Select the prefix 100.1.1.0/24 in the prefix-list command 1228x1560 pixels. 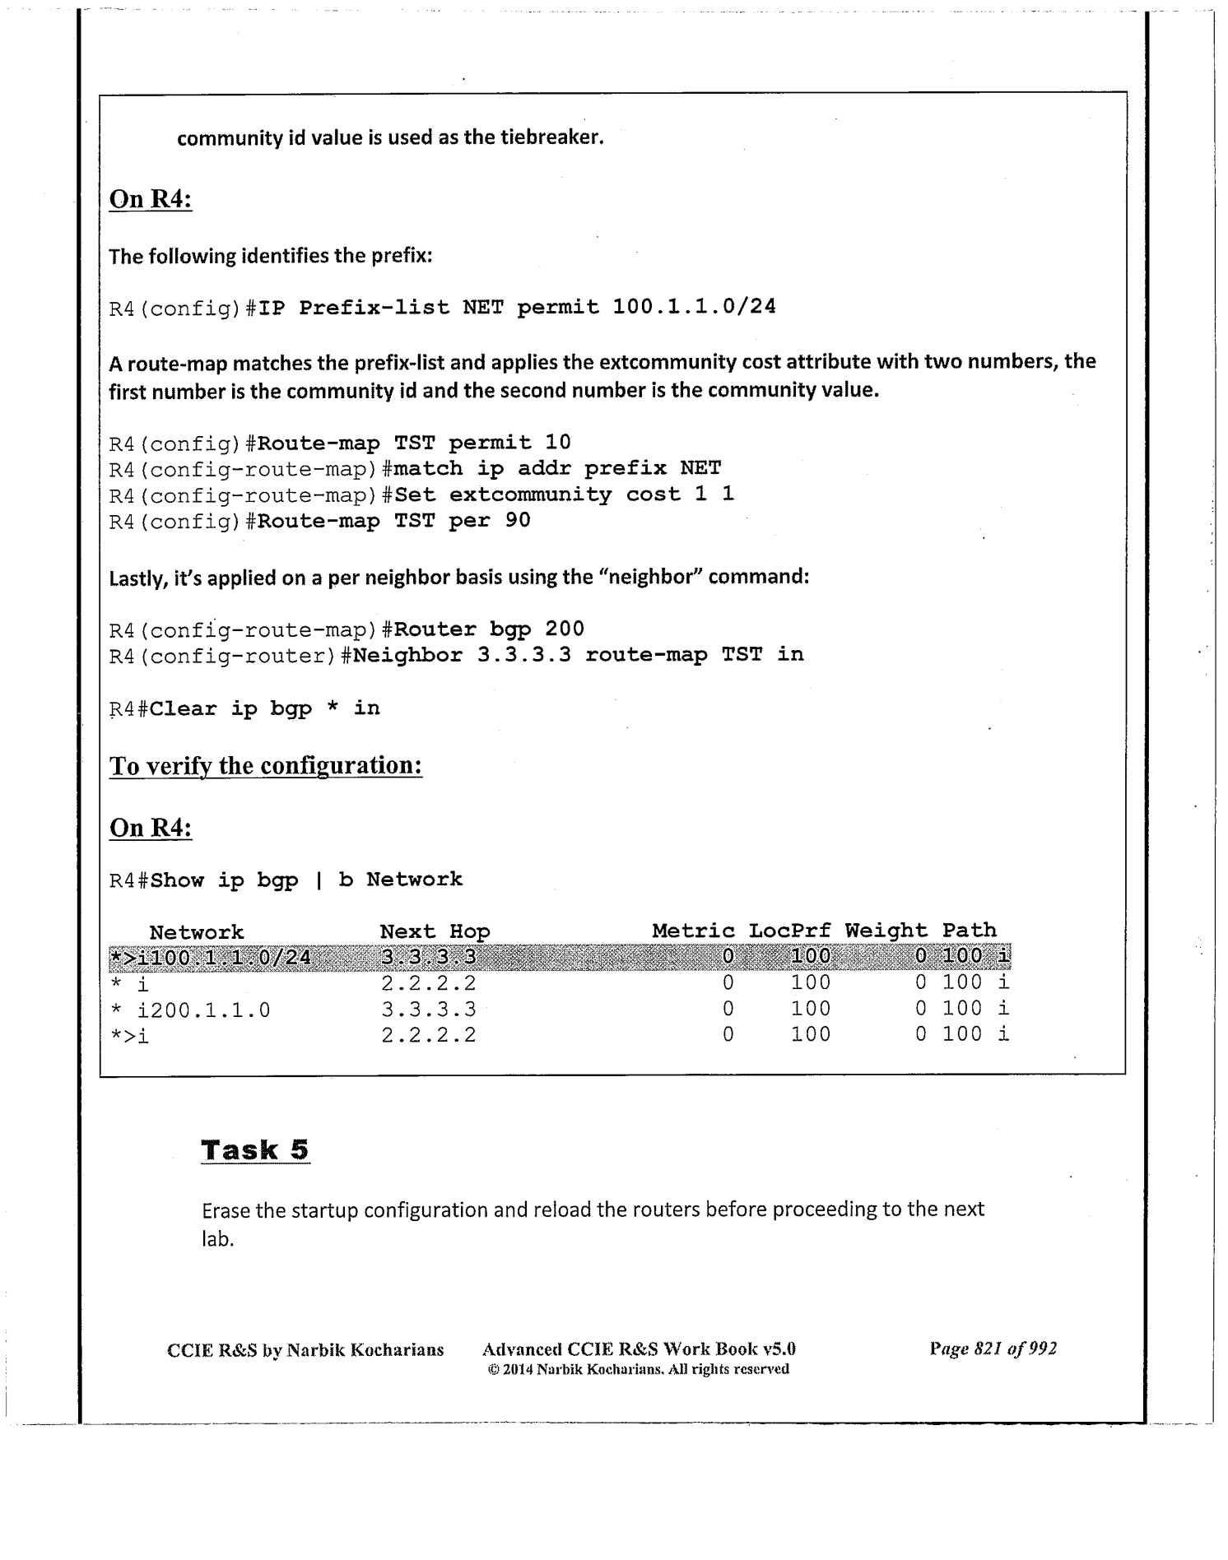(x=694, y=308)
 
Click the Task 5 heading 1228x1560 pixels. (x=255, y=1149)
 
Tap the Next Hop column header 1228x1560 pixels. (x=435, y=931)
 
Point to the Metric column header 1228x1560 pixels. (x=693, y=931)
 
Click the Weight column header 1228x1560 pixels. (x=886, y=931)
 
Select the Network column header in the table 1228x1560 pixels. (x=197, y=932)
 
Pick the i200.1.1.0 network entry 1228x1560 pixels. (x=203, y=1010)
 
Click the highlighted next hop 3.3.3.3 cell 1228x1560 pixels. (x=429, y=957)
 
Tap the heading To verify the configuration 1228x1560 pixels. (x=266, y=766)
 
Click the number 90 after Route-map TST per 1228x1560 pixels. (x=518, y=521)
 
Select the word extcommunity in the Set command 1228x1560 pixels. (x=530, y=494)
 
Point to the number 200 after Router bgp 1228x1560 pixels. (x=565, y=629)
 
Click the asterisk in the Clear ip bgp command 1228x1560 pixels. (x=333, y=708)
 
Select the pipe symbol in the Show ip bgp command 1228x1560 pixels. (x=319, y=880)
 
